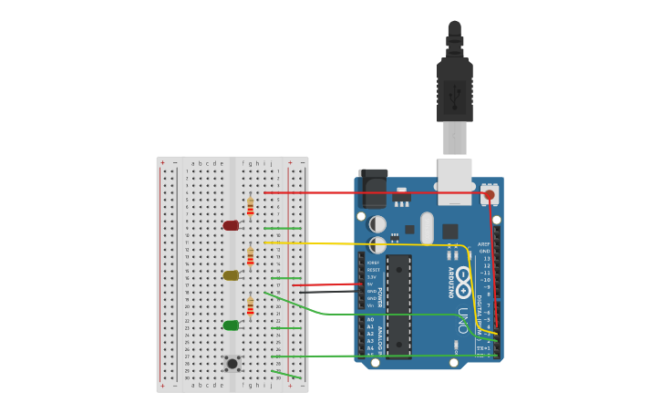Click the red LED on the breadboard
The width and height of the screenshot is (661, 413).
click(231, 225)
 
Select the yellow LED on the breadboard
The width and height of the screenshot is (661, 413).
click(231, 275)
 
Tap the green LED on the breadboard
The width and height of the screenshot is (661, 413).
click(231, 325)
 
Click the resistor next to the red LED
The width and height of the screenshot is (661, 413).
click(250, 207)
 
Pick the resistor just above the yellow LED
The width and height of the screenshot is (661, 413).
click(250, 257)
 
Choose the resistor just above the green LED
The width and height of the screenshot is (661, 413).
click(250, 307)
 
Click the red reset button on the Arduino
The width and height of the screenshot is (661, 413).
click(490, 194)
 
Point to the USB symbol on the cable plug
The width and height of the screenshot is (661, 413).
click(455, 91)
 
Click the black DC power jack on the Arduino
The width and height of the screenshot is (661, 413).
click(373, 190)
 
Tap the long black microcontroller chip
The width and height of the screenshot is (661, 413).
click(398, 305)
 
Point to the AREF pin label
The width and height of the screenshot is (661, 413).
click(485, 245)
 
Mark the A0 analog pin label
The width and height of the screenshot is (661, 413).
click(370, 320)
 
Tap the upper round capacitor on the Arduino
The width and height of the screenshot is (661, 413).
click(378, 223)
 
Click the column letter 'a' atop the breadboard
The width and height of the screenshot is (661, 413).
click(193, 164)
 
